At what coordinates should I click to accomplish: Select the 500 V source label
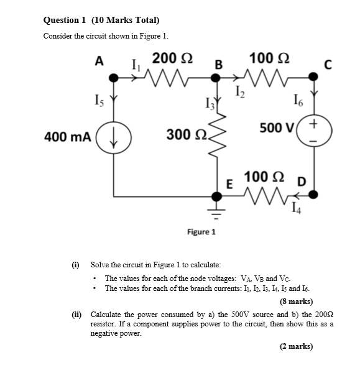[277, 129]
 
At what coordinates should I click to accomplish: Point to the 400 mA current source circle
[114, 136]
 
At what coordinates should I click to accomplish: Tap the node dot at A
[114, 78]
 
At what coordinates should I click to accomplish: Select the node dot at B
[217, 78]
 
